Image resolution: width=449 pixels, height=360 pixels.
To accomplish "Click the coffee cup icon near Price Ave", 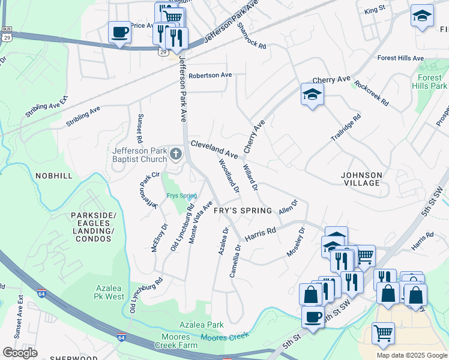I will [119, 32].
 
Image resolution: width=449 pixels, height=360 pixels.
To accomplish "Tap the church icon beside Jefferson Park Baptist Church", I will [176, 155].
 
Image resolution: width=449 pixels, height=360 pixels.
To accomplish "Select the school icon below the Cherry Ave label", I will [312, 94].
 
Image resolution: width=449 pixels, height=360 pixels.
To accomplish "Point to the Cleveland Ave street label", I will [214, 149].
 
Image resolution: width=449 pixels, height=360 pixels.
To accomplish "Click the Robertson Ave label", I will [209, 76].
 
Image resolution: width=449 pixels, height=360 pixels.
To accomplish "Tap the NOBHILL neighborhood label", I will [53, 176].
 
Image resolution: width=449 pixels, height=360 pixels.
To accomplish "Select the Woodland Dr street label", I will [229, 176].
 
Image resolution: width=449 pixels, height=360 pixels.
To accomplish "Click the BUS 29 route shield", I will [7, 33].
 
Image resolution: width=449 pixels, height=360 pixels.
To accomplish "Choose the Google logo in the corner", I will [20, 353].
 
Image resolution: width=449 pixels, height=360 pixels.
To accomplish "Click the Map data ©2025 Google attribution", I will [411, 355].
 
